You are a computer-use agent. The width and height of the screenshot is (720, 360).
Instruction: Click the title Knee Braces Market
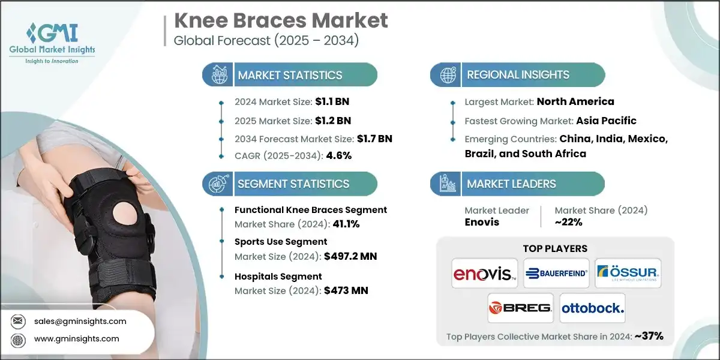[281, 21]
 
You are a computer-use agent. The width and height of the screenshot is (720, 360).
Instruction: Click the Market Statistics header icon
[218, 75]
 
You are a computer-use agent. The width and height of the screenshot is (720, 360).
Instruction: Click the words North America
[575, 102]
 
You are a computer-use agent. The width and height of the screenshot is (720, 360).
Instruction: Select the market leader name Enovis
[482, 222]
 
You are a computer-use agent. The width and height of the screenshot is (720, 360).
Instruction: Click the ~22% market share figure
[568, 222]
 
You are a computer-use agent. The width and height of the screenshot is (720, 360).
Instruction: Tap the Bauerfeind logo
[556, 274]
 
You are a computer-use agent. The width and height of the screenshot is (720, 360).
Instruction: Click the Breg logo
[520, 308]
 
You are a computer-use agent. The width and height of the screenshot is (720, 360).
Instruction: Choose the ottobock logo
[592, 308]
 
